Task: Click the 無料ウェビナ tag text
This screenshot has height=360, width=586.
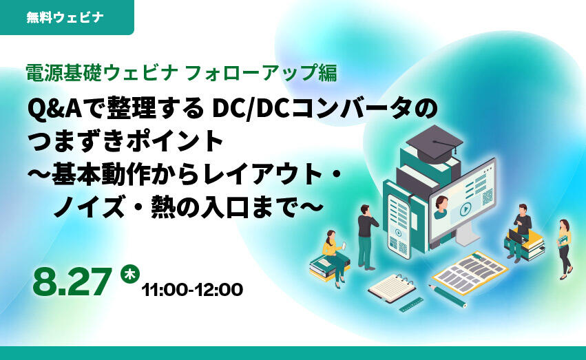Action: tap(65, 17)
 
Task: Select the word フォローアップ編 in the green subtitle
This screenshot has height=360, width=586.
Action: tap(261, 73)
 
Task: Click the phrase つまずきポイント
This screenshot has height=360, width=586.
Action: tap(126, 141)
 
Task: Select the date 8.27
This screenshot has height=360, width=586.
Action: tap(72, 282)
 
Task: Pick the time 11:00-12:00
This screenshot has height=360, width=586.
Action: tap(192, 290)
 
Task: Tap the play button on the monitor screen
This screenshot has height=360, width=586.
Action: tap(465, 209)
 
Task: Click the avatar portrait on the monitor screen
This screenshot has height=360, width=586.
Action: tap(441, 208)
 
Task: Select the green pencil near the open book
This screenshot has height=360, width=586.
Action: tap(448, 296)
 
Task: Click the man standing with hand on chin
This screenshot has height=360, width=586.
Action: tap(367, 237)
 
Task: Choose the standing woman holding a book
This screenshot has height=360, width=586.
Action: tap(565, 249)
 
